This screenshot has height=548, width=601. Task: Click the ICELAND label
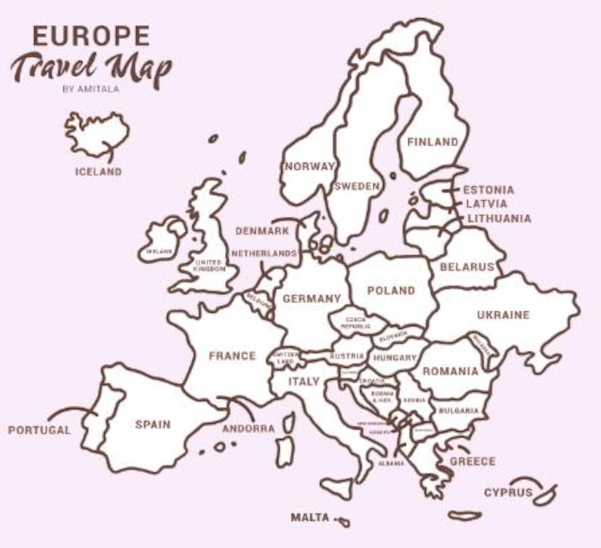tap(98, 172)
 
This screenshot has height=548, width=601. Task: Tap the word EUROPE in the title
tap(91, 36)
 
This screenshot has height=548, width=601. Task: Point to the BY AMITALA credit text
tap(91, 89)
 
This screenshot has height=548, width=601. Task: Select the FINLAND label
tap(433, 142)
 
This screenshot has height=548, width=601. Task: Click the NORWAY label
tap(310, 166)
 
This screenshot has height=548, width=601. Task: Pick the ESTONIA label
tap(489, 190)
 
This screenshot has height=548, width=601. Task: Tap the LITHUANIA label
tap(499, 218)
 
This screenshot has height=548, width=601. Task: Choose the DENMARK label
tap(262, 231)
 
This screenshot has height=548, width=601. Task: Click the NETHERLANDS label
tap(264, 253)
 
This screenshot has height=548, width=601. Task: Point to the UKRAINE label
tap(503, 315)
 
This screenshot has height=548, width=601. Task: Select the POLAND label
tap(391, 291)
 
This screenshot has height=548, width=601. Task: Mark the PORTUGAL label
tap(39, 430)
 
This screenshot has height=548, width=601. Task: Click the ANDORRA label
tap(248, 429)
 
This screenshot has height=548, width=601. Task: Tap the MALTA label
tap(310, 517)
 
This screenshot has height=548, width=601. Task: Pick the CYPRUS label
tap(508, 492)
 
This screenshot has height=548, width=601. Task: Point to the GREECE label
tap(472, 461)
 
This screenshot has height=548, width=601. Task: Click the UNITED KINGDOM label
tap(209, 265)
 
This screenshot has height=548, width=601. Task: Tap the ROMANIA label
tap(450, 371)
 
